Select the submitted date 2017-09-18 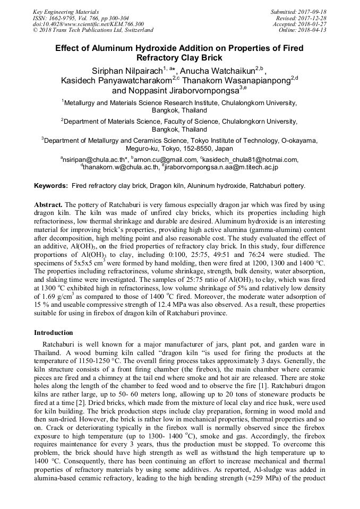[313, 12]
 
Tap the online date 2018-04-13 [313, 30]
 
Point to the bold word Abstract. [48, 204]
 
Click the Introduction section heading [54, 333]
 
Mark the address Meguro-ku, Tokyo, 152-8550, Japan [179, 149]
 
